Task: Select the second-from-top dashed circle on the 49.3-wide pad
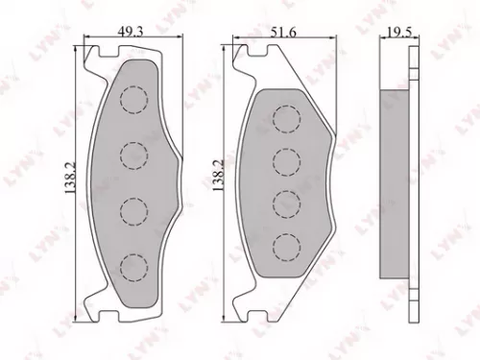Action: (134, 153)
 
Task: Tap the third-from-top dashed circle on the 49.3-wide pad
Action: (134, 206)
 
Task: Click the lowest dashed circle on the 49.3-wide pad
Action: (134, 262)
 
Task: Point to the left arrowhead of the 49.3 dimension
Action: (87, 41)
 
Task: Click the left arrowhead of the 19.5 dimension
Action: (380, 41)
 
